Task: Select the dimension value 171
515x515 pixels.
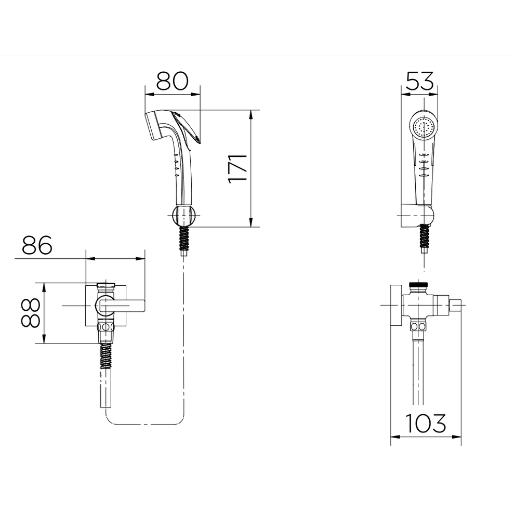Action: click(237, 168)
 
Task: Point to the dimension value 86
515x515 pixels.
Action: click(37, 245)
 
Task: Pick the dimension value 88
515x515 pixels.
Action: click(30, 313)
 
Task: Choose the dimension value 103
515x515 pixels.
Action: click(426, 423)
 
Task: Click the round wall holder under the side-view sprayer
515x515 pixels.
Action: click(184, 216)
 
